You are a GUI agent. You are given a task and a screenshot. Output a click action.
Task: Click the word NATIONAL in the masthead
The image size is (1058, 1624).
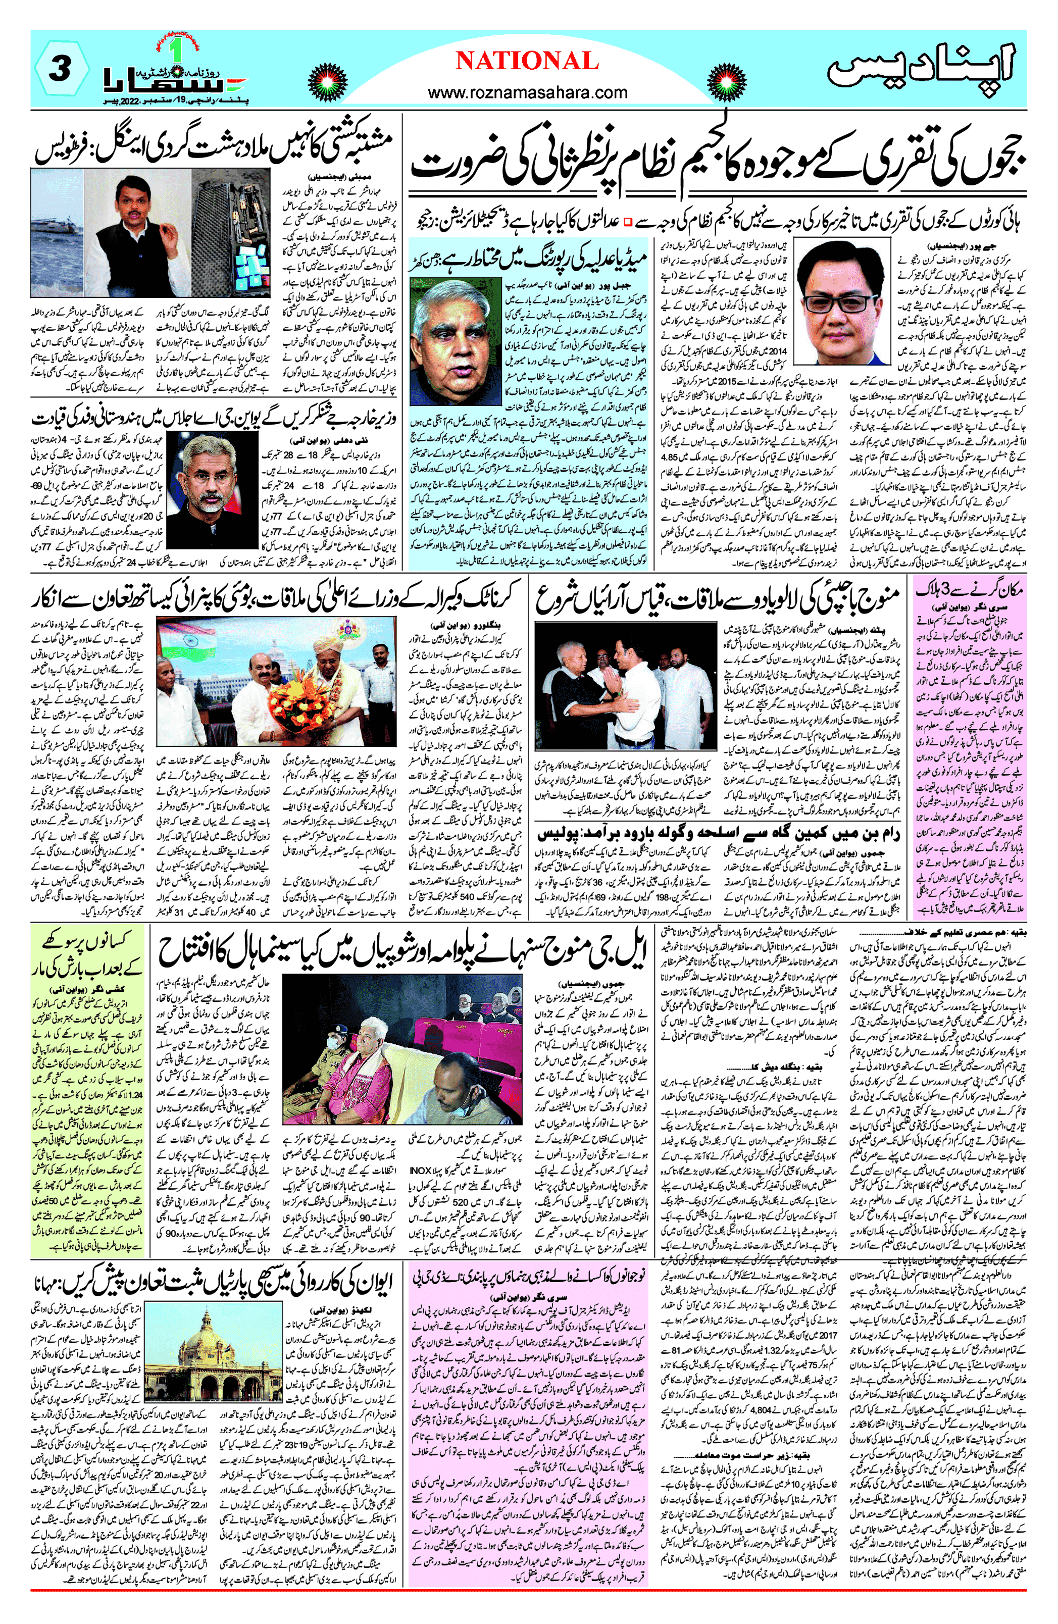pos(527,62)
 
